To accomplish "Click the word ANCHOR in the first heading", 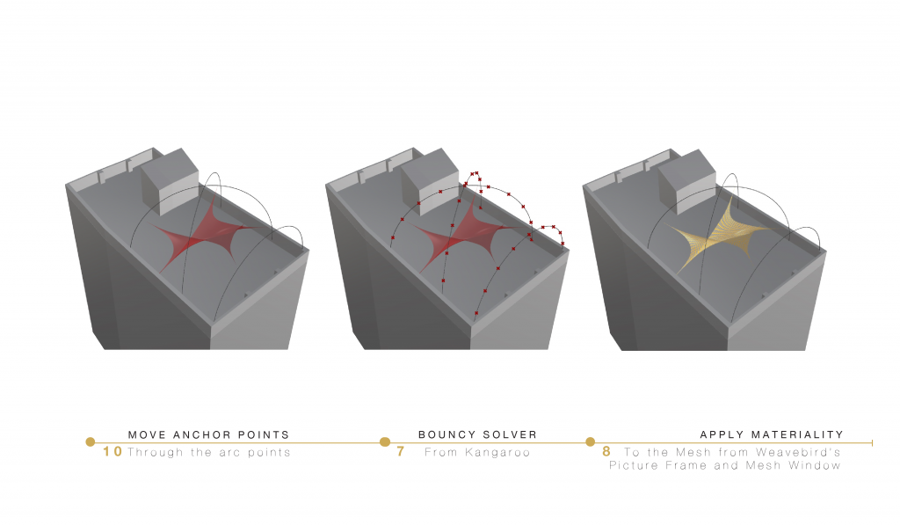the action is coord(201,434).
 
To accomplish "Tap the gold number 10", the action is coord(112,451).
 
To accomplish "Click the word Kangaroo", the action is coord(497,453).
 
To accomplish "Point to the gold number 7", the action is coord(401,451).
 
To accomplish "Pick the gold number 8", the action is coord(606,451).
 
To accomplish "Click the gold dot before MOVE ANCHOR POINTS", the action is coord(91,441).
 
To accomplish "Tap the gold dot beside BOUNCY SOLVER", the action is coord(385,441).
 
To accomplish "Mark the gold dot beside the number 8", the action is coord(590,441).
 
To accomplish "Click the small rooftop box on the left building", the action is coord(170,181).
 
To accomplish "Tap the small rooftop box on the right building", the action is coord(686,182).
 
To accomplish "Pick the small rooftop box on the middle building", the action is coord(430,181).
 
